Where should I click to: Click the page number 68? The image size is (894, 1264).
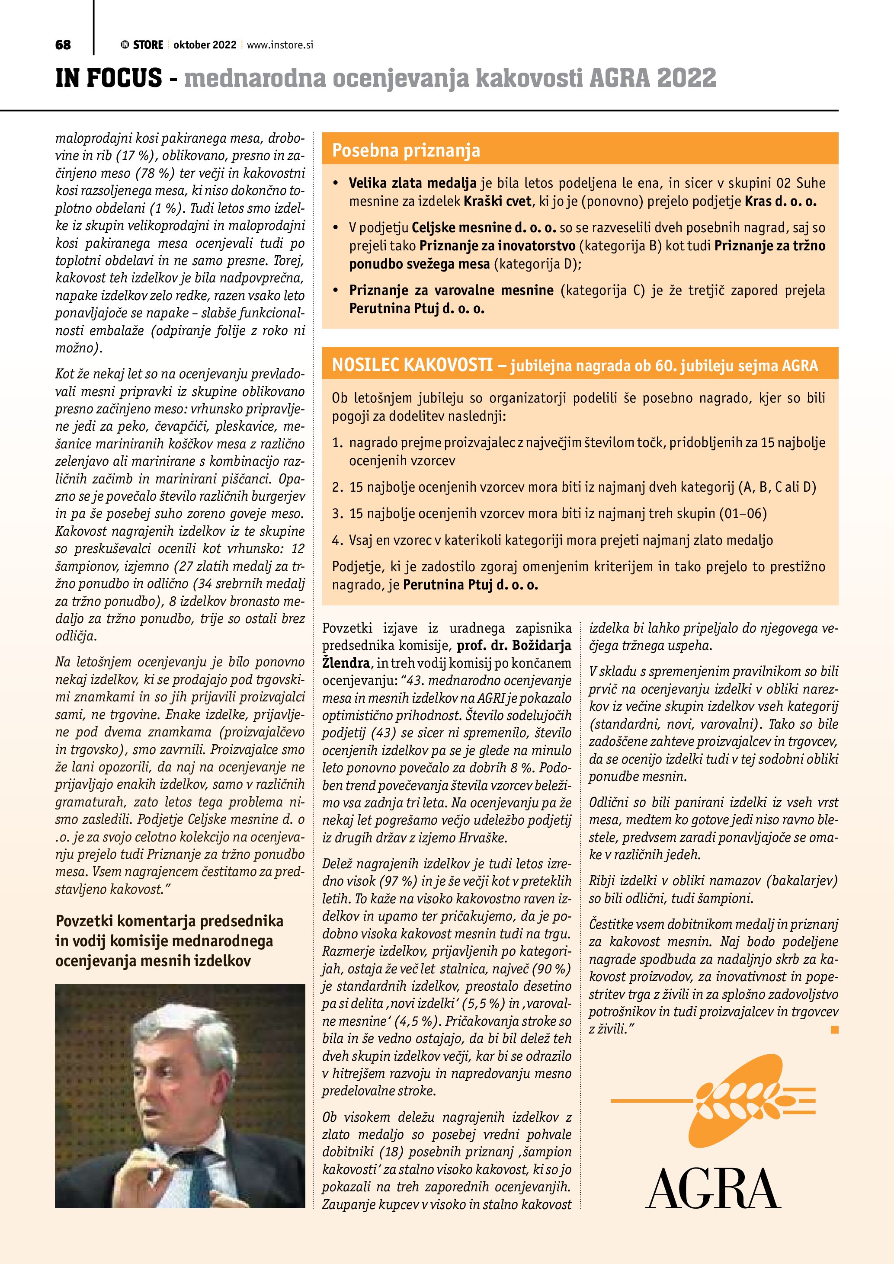click(63, 45)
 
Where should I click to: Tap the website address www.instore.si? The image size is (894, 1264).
click(280, 45)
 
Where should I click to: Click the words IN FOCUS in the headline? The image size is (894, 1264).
click(109, 78)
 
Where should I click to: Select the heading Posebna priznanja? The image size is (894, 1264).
click(406, 150)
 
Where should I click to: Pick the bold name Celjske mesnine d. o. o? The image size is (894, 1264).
click(484, 227)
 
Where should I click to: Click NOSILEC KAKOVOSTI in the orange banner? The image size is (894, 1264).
click(412, 365)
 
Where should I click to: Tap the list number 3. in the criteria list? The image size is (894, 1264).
click(337, 514)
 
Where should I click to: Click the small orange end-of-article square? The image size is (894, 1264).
click(835, 1029)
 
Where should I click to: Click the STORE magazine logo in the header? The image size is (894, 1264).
click(143, 45)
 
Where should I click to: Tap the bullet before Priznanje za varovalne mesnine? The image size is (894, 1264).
click(336, 290)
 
